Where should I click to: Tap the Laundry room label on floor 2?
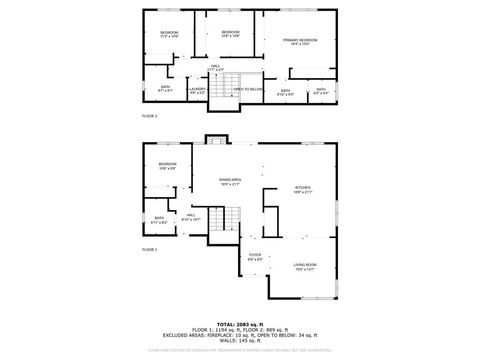[197, 90]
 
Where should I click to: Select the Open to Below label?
[248, 89]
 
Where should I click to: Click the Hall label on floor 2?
[215, 67]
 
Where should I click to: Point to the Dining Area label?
[230, 181]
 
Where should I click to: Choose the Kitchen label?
[302, 189]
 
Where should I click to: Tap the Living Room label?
[305, 266]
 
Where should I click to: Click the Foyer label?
[255, 257]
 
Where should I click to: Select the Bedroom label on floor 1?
[167, 165]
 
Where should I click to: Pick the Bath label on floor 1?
[159, 219]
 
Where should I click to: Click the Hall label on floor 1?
[190, 216]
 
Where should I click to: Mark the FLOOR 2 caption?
[149, 116]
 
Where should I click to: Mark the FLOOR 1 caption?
[149, 249]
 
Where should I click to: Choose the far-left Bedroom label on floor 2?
[169, 34]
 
